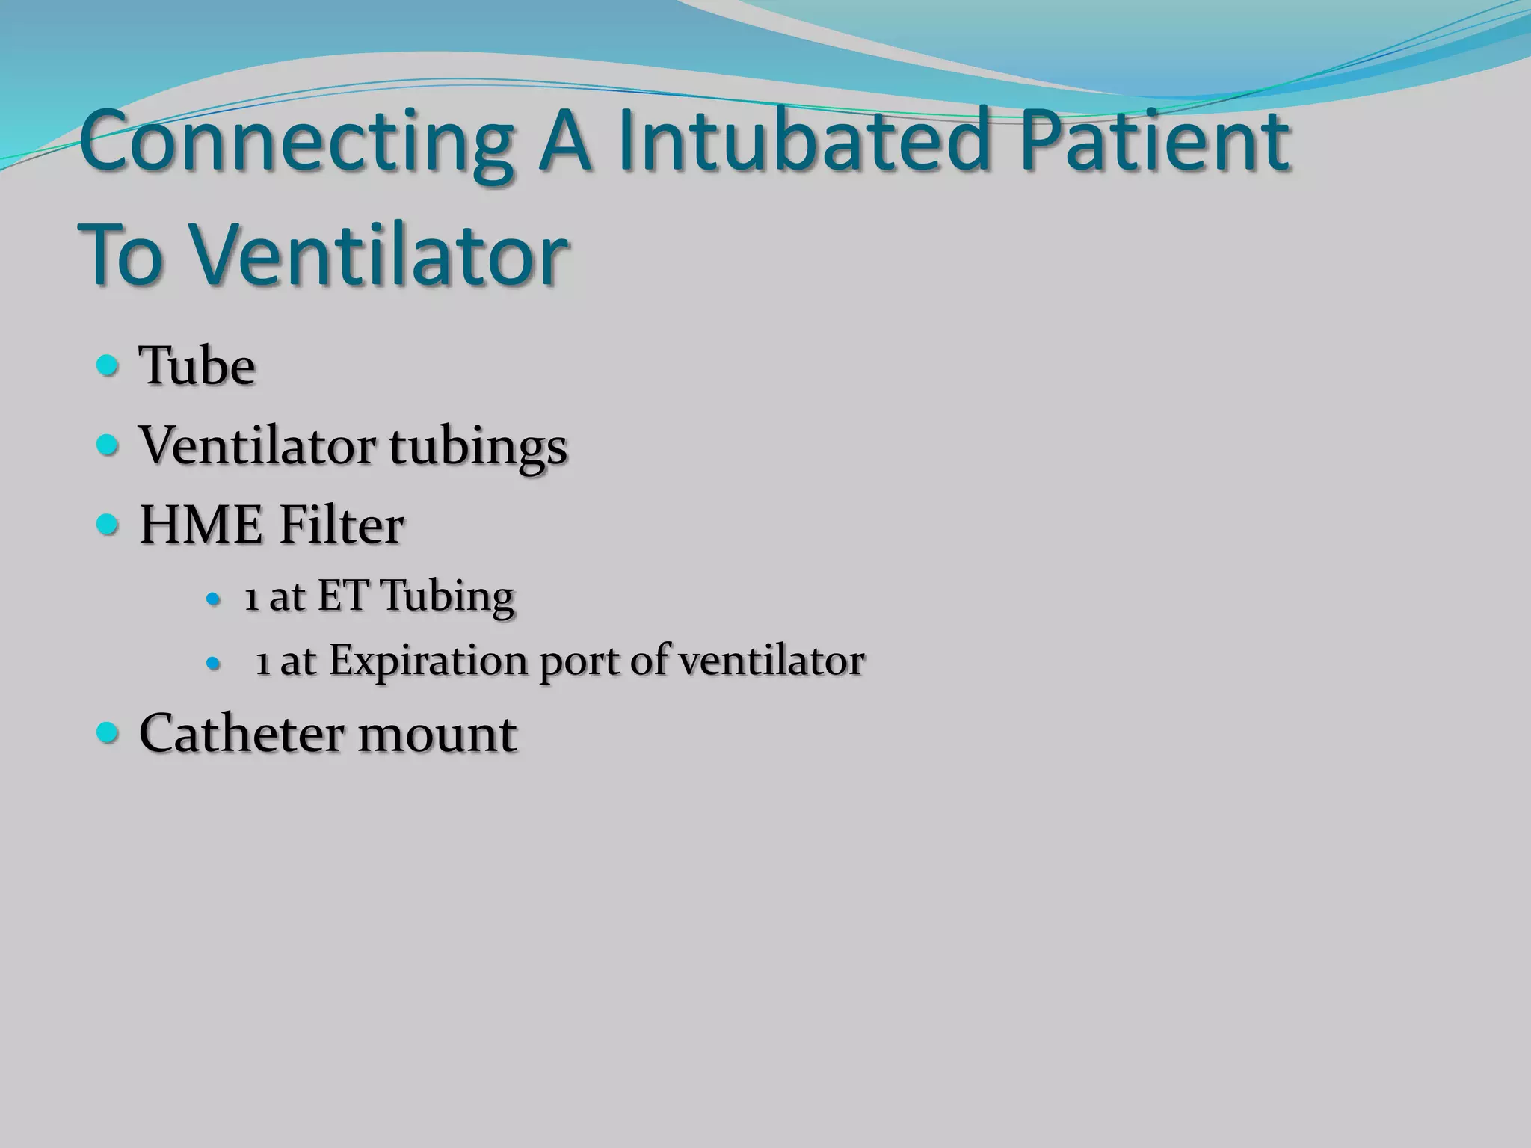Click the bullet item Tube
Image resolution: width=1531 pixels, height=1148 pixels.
[197, 366]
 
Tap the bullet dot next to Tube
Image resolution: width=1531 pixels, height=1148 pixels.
[108, 366]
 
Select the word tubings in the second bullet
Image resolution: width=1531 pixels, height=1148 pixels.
[478, 447]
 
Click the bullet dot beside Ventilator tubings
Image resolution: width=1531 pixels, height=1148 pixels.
[108, 446]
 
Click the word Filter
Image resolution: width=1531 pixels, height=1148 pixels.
[342, 525]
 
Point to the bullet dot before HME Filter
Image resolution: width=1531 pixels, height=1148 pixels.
[108, 525]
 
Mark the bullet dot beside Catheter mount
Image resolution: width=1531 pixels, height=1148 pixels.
[108, 733]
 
